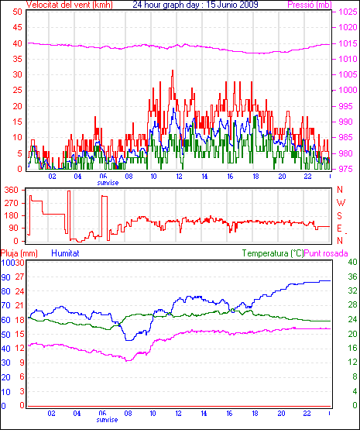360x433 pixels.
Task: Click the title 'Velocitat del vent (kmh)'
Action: coord(70,5)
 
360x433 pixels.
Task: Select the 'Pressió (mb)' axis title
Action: coord(310,5)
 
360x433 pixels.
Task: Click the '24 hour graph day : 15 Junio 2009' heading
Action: coord(195,5)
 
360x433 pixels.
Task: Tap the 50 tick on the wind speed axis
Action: coord(17,12)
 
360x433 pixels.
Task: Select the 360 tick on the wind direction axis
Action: coord(12,190)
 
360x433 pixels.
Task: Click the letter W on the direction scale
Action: coord(341,203)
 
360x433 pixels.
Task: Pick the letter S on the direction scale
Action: coord(340,215)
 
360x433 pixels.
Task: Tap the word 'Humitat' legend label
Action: coord(66,253)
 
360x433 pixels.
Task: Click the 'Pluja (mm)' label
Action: coord(19,253)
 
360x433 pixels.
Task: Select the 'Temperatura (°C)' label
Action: coord(273,253)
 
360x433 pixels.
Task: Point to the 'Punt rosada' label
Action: coord(326,253)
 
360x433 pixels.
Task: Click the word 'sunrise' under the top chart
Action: coord(108,183)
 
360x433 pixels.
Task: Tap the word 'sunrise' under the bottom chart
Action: coord(107,420)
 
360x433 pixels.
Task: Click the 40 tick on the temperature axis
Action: coord(352,262)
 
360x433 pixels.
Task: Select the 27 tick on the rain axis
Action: coord(19,277)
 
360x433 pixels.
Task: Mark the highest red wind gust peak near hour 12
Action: coord(173,70)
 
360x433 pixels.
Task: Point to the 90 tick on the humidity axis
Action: coord(5,277)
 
